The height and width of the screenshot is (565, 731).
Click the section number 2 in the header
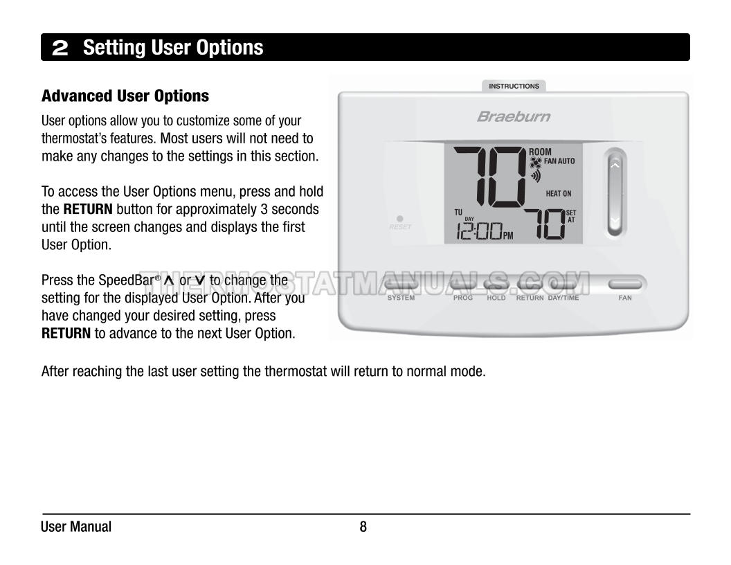tap(60, 48)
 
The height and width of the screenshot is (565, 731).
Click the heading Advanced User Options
tap(125, 96)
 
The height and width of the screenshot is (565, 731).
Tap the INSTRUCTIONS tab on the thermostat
tap(514, 87)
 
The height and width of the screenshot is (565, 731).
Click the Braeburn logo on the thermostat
tap(514, 116)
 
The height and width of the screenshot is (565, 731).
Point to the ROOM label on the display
tap(541, 152)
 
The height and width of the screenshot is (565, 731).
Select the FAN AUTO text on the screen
tap(559, 161)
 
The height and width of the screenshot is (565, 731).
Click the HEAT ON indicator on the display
tap(559, 194)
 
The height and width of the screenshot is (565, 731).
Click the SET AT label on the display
tap(571, 216)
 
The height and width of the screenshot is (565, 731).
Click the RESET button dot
tap(400, 219)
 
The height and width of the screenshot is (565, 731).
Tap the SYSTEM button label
tap(401, 298)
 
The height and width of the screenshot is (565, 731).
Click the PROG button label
tap(463, 298)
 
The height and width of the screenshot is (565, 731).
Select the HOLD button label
tap(496, 298)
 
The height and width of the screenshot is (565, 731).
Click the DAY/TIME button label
tap(563, 298)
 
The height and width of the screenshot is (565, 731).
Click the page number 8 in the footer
tap(363, 527)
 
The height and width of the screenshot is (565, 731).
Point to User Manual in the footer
tap(76, 527)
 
